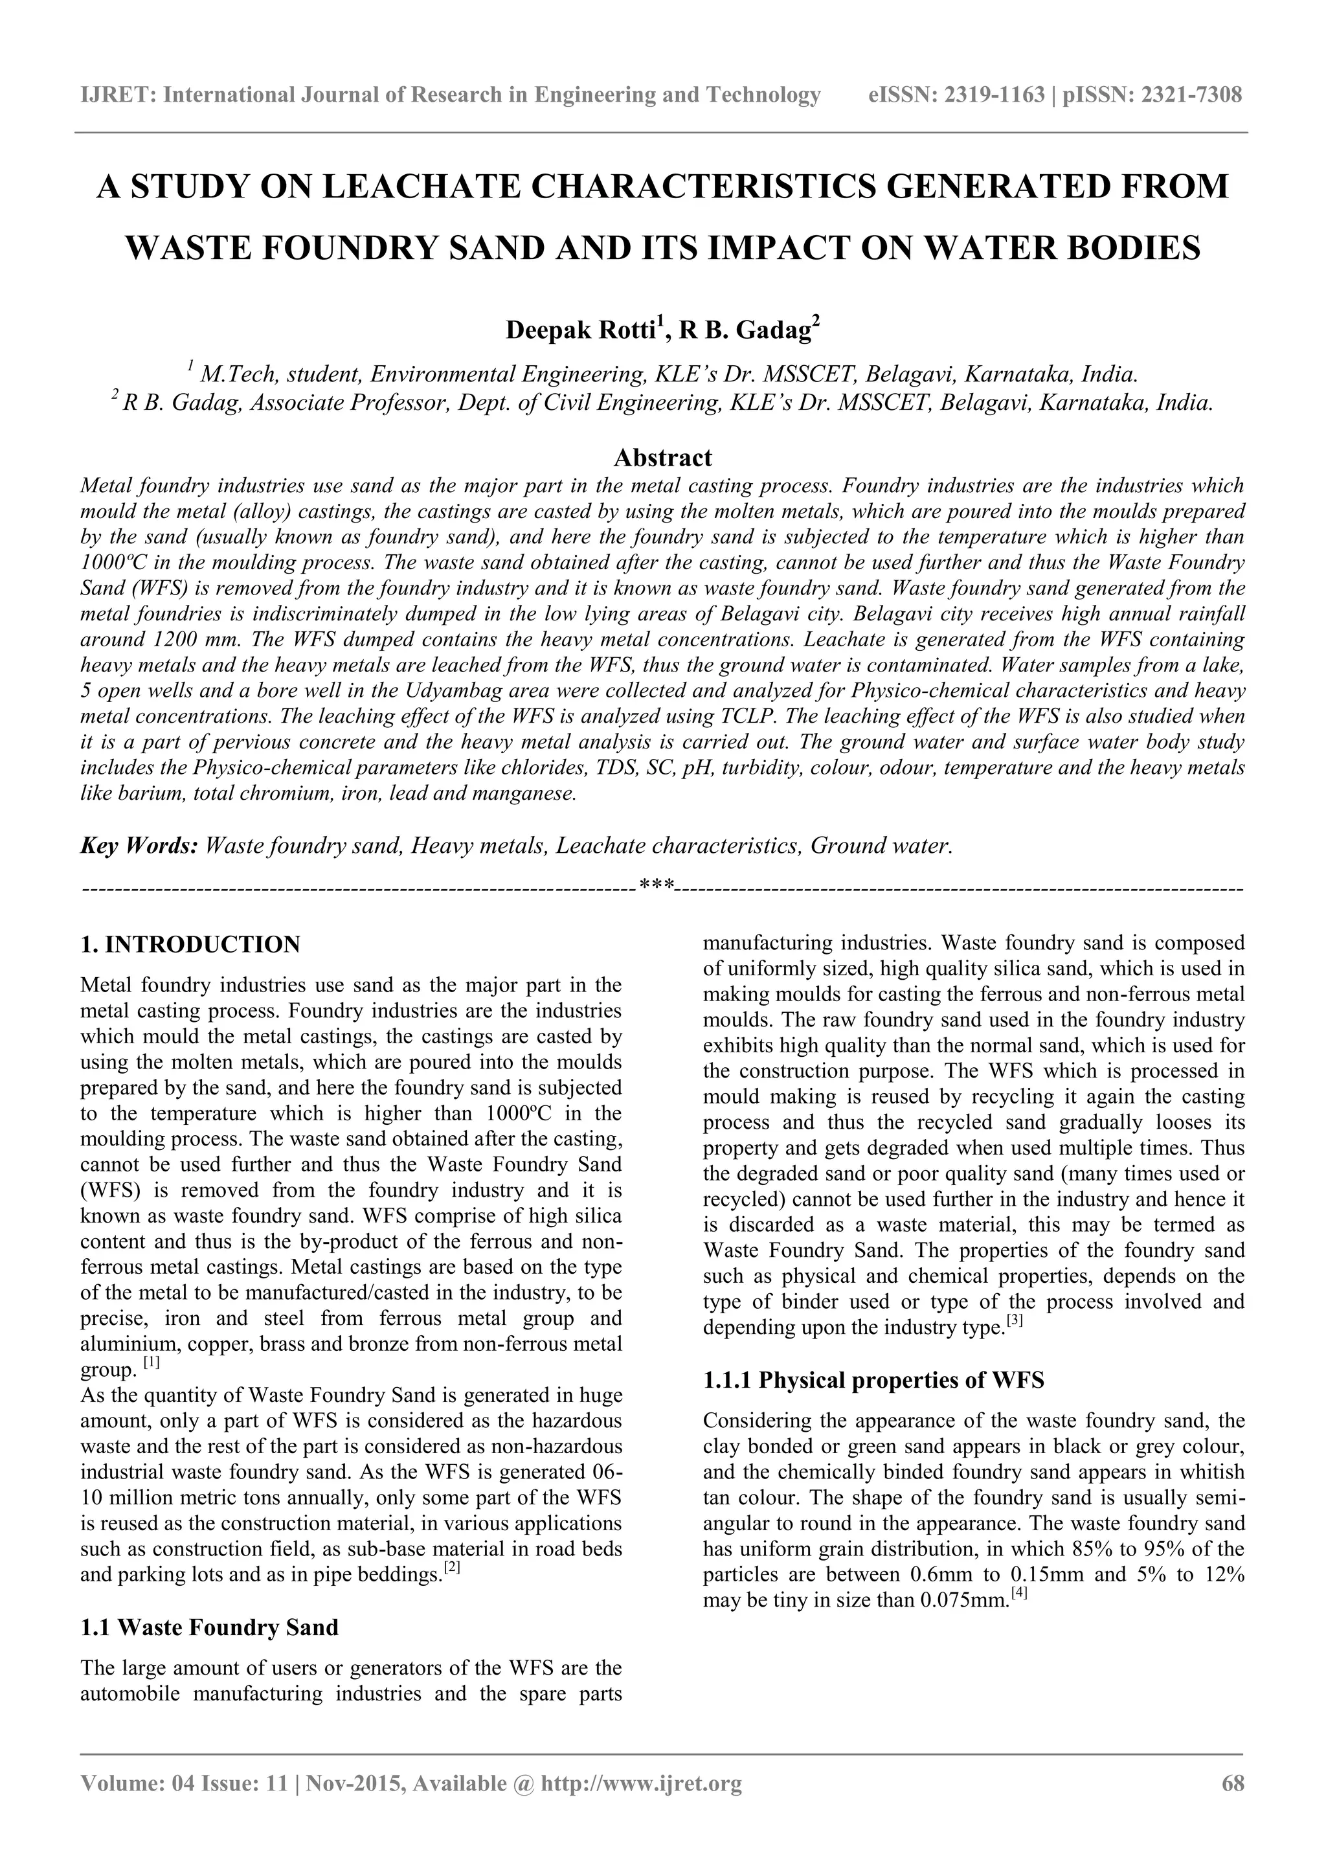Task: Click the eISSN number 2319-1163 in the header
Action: (x=994, y=96)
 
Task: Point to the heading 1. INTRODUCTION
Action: (x=190, y=945)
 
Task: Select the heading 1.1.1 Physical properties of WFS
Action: (x=873, y=1380)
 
